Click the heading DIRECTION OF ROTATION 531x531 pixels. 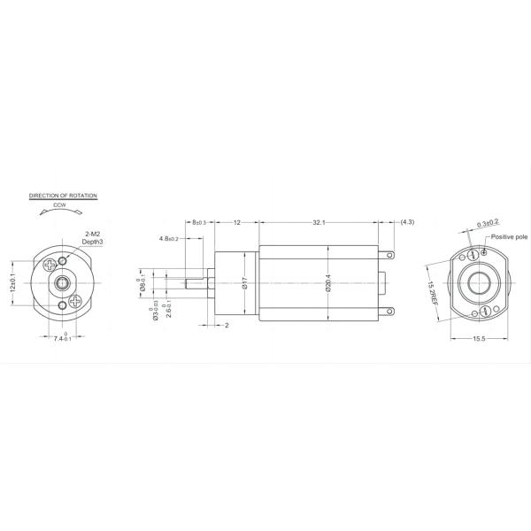pyautogui.click(x=63, y=194)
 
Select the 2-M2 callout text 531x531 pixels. pyautogui.click(x=91, y=234)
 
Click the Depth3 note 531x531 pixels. pyautogui.click(x=93, y=241)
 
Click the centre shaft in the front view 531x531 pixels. pyautogui.click(x=62, y=282)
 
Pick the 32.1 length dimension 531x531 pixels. pyautogui.click(x=319, y=223)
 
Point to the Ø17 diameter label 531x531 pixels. pyautogui.click(x=242, y=283)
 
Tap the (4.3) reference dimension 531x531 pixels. pyautogui.click(x=408, y=223)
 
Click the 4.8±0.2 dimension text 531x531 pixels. pyautogui.click(x=169, y=239)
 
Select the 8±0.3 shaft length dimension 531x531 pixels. pyautogui.click(x=196, y=223)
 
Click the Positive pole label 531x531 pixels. pyautogui.click(x=509, y=237)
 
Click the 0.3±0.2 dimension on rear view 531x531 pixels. pyautogui.click(x=487, y=223)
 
